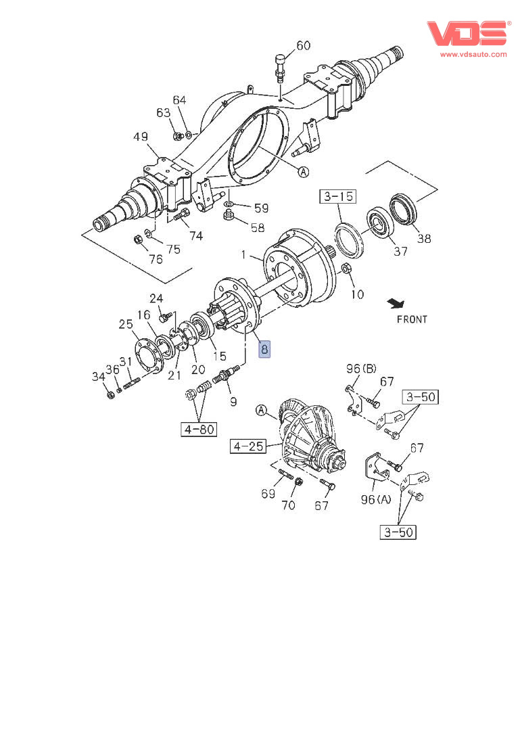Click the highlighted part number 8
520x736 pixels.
(264, 349)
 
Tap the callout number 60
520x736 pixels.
(304, 45)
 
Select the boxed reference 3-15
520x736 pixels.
(337, 197)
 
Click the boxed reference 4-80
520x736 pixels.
(198, 428)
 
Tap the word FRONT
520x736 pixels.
(412, 319)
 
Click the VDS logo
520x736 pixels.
(467, 33)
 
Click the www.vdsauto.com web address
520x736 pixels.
(474, 54)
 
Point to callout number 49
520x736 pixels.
(140, 137)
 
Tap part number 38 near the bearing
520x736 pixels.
(423, 238)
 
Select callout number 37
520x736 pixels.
(400, 251)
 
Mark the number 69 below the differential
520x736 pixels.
(268, 494)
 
